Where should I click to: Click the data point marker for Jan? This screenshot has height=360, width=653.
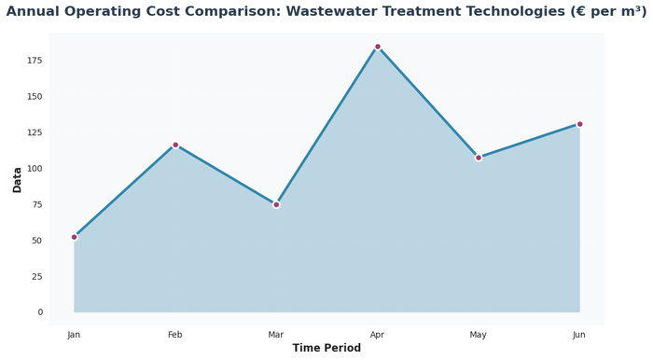[x=75, y=237]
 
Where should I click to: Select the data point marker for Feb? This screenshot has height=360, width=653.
[x=175, y=145]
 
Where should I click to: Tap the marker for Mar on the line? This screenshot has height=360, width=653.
[x=276, y=204]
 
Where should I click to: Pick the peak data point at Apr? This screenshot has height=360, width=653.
[x=378, y=47]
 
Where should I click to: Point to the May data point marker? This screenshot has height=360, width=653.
[x=479, y=158]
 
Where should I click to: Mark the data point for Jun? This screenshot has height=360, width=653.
[x=579, y=124]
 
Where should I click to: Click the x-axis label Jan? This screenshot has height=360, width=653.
[x=75, y=335]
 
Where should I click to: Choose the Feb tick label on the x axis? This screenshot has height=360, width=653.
[x=175, y=335]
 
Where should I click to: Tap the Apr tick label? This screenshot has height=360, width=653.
[x=377, y=335]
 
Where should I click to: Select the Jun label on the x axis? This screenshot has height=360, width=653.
[x=579, y=335]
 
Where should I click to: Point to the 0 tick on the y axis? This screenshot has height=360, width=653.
[x=39, y=312]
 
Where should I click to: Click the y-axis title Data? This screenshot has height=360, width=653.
[x=17, y=179]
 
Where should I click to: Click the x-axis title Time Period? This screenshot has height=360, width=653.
[x=326, y=349]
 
